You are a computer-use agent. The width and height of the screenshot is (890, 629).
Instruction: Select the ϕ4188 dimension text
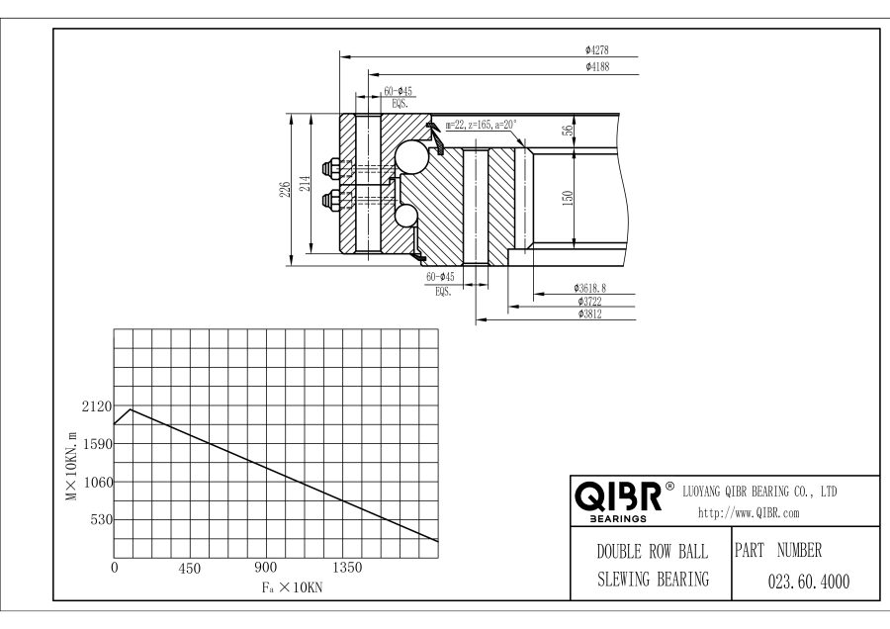(598, 67)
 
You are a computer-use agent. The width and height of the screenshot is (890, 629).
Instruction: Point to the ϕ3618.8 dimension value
(589, 288)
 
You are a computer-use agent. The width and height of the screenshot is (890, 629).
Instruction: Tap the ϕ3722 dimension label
(590, 301)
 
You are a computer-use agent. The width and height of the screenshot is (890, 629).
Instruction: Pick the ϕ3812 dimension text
(590, 314)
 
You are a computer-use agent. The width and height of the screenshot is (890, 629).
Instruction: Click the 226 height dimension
(285, 189)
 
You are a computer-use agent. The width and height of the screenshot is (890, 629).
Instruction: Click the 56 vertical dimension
(568, 132)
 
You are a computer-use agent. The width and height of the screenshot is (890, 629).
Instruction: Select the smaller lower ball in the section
(405, 216)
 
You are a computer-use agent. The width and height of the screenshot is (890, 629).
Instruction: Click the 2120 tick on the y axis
(96, 406)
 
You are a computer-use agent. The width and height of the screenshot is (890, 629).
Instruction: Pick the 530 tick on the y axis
(99, 519)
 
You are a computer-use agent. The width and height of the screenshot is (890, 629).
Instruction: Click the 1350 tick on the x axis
(348, 568)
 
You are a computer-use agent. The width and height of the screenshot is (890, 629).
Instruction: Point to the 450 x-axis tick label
(189, 569)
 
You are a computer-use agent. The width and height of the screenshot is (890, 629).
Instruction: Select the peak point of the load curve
(131, 408)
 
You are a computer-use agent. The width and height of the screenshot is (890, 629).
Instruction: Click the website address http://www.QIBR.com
(749, 512)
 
